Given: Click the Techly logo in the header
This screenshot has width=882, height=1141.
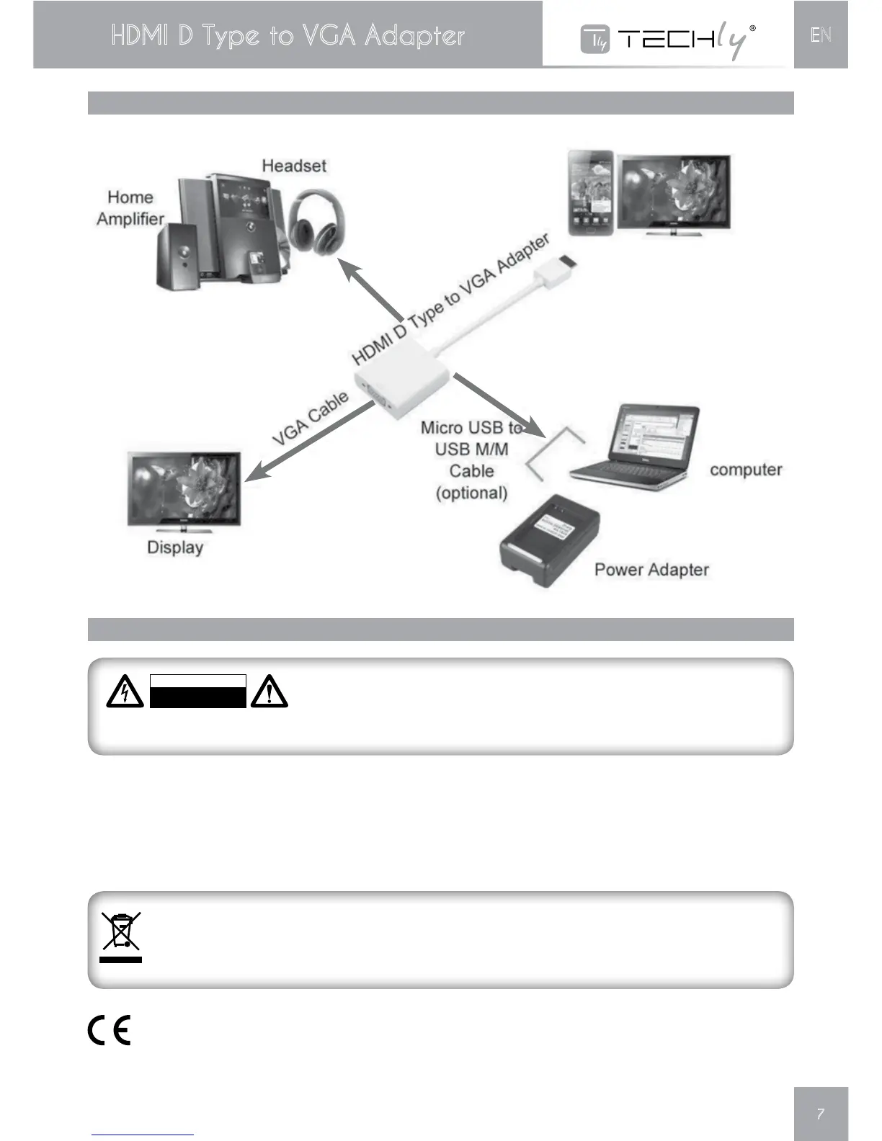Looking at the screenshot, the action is click(668, 39).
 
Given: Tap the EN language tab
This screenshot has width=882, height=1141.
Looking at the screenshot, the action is click(821, 35).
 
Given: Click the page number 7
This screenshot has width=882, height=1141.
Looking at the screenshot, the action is click(820, 1114).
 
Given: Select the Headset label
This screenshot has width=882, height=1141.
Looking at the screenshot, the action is click(294, 166).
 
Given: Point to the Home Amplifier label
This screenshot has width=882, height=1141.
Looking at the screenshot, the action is click(130, 208).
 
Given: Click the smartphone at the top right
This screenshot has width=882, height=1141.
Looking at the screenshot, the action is click(590, 192).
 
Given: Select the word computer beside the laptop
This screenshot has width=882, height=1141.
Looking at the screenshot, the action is click(746, 470).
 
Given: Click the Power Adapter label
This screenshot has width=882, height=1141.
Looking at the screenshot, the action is click(651, 570).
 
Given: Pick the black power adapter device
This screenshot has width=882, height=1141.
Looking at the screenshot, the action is click(549, 540).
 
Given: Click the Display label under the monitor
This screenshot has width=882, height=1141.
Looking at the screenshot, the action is click(175, 547).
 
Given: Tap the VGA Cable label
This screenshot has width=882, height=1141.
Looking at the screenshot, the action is click(311, 418).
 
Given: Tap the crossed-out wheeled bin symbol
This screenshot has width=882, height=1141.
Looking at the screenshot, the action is click(121, 936).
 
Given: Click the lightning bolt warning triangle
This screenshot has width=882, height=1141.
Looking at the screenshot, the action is click(125, 692).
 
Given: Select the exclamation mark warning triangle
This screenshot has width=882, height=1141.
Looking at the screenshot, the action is click(269, 692).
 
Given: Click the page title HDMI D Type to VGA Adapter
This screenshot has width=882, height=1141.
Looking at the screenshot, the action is click(288, 35).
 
